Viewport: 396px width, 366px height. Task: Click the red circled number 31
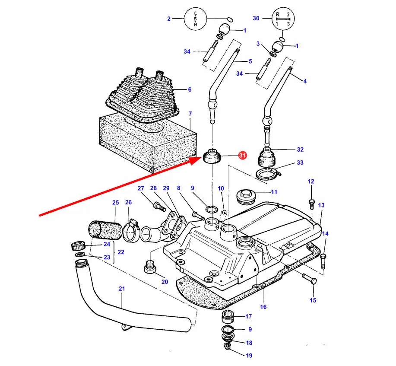242,155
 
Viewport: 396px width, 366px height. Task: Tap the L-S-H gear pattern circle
195,19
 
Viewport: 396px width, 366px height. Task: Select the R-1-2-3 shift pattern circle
283,19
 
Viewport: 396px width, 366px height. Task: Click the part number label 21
122,288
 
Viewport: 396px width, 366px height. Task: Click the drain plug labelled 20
149,267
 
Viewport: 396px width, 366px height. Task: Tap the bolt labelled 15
310,278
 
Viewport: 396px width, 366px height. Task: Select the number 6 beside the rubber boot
190,89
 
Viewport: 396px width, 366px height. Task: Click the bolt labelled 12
311,204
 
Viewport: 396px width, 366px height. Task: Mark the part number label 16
263,307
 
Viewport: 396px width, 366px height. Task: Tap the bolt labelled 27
159,206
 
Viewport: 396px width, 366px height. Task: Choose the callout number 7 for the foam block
190,114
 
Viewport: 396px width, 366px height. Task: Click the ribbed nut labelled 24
78,246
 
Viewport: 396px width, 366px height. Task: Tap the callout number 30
256,18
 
